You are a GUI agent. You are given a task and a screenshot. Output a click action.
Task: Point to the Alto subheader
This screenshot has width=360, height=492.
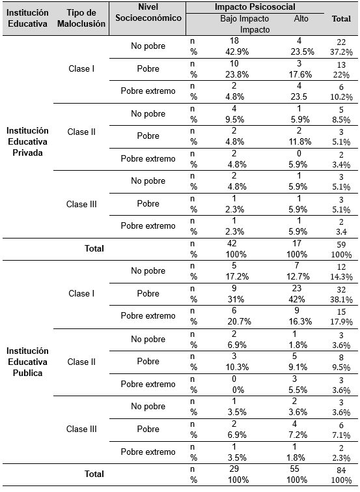301,18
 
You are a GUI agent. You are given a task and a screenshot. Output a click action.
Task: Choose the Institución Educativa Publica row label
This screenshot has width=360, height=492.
27,362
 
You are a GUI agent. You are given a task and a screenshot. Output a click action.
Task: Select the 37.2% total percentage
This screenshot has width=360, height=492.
341,51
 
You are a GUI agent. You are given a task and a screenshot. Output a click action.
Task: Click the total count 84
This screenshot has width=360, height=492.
341,470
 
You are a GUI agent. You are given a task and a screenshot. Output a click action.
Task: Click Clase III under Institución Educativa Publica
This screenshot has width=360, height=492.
82,429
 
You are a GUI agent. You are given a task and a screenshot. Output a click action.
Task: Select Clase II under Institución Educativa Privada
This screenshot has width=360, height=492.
82,132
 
